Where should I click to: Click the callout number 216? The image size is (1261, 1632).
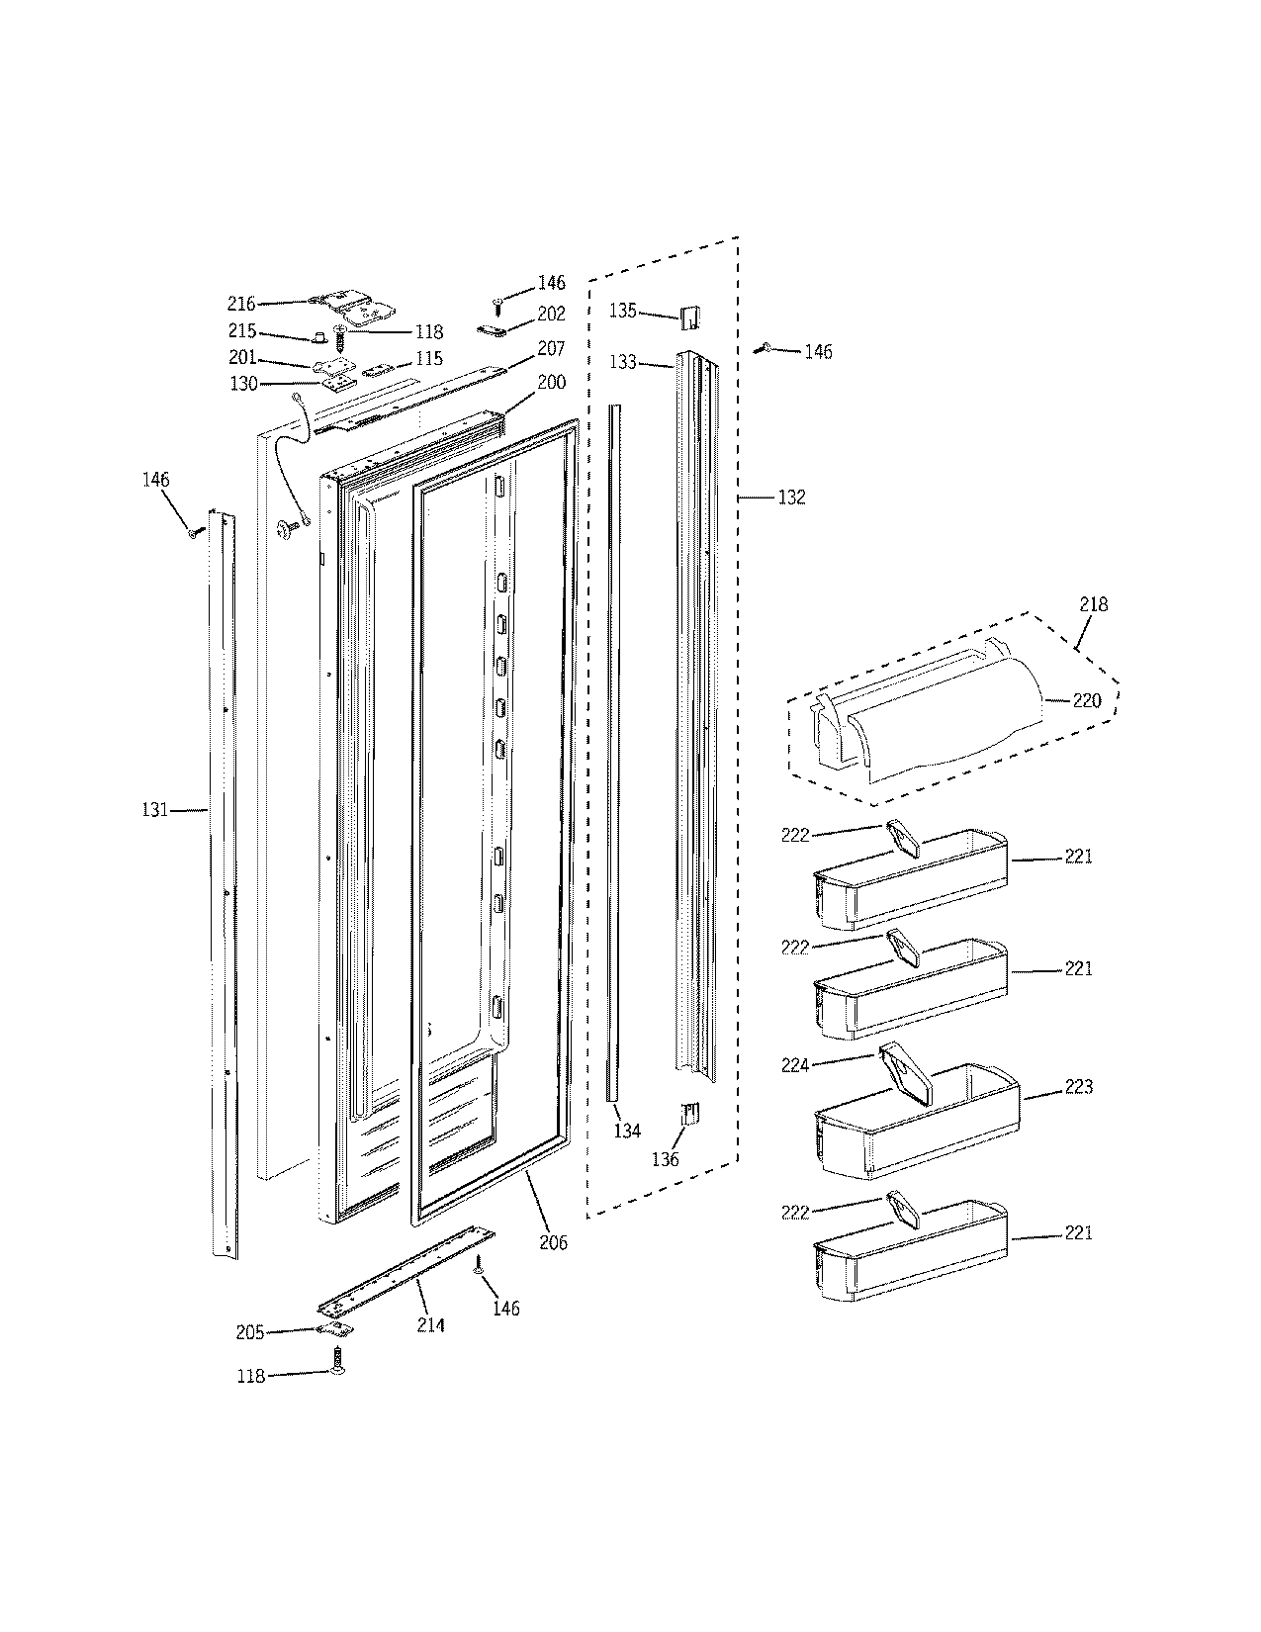[241, 304]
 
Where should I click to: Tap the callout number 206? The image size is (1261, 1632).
[554, 1242]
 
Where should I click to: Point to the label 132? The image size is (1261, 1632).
[791, 498]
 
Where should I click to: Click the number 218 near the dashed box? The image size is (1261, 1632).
[1094, 604]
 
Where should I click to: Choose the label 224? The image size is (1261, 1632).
[795, 1065]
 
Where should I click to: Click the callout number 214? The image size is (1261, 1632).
[430, 1324]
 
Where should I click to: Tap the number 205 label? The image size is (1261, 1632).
[250, 1333]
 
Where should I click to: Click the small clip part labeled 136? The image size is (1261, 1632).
[690, 1115]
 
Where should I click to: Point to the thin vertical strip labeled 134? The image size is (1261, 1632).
[614, 752]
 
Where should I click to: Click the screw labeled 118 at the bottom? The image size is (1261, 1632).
[339, 1362]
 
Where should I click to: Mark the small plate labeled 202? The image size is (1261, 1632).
[494, 327]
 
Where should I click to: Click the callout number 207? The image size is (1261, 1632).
[551, 349]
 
